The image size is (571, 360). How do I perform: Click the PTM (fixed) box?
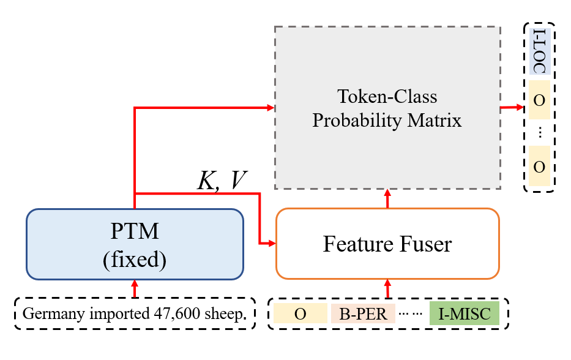[134, 244]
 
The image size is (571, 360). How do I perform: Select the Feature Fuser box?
[387, 244]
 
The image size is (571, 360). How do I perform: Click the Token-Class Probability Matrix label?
[387, 108]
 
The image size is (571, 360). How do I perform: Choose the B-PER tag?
[363, 314]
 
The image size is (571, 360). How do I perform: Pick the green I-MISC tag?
[465, 314]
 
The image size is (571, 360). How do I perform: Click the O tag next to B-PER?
[300, 314]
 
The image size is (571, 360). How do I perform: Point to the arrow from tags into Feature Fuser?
[387, 288]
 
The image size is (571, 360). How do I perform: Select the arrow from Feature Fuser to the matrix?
[387, 199]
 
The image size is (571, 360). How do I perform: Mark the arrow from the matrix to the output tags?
[512, 108]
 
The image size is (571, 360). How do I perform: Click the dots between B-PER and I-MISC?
[412, 315]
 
